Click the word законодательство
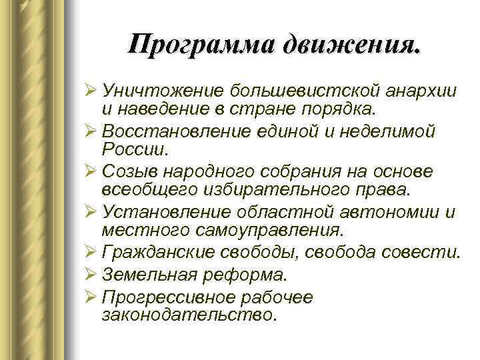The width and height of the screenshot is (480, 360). click(x=189, y=313)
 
